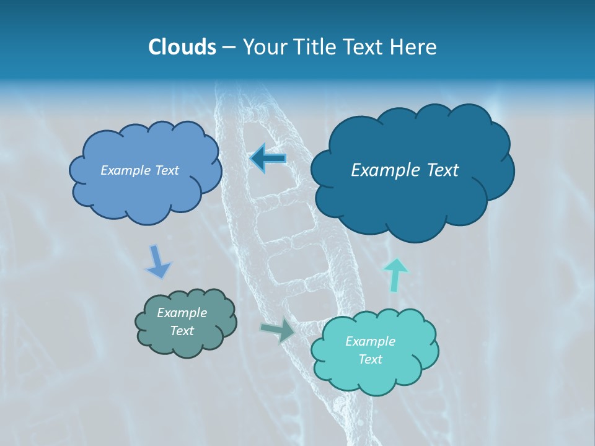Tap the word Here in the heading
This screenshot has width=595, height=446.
[415, 47]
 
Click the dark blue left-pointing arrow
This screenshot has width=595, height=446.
[268, 159]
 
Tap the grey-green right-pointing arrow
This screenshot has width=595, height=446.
[278, 330]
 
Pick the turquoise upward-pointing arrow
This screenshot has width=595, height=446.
[395, 274]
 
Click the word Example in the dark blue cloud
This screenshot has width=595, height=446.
[382, 170]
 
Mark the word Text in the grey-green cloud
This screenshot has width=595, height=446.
[182, 331]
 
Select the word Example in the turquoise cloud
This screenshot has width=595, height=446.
[370, 341]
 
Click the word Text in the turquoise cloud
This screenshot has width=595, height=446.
[370, 359]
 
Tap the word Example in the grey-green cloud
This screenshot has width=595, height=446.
[182, 313]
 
